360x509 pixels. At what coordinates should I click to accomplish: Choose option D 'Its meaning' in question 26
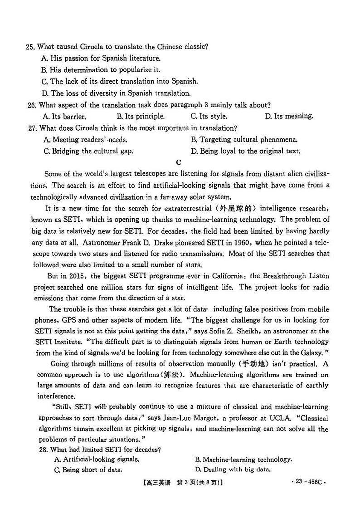(x=289, y=116)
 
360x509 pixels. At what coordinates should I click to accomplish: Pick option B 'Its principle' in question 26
(x=140, y=116)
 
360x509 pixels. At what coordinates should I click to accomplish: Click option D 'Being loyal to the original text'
(x=245, y=151)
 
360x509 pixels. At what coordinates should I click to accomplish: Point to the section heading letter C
(x=179, y=162)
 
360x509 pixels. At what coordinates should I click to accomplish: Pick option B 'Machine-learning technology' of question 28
(x=243, y=460)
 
